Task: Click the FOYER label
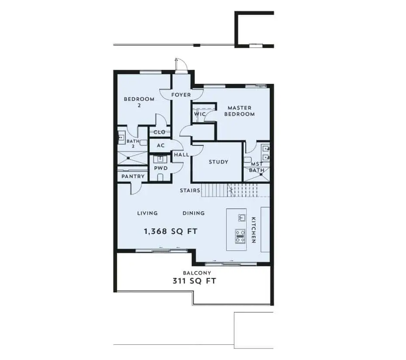181,95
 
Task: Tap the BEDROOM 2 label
139,102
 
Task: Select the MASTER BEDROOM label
240,111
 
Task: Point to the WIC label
200,114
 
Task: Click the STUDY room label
219,162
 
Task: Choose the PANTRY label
133,176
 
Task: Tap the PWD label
161,168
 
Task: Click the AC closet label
161,145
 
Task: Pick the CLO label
159,132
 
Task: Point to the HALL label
182,155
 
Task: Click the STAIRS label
190,191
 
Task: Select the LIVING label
147,213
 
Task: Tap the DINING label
194,213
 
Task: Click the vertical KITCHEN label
254,230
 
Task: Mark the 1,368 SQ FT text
171,231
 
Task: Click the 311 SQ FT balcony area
194,281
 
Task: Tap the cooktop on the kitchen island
240,236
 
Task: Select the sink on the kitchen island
242,218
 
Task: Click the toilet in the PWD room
160,177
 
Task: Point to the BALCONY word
197,273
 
